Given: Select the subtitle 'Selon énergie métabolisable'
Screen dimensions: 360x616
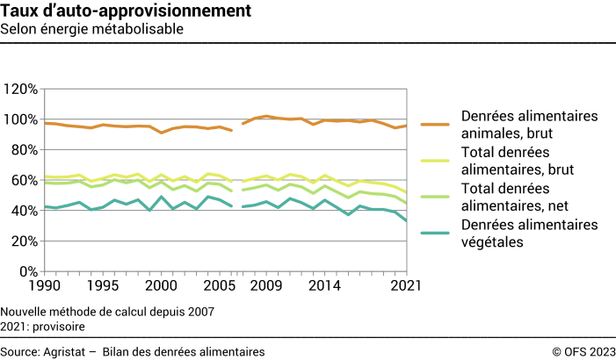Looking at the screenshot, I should (x=91, y=29).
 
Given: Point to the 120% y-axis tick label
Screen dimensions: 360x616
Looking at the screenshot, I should (x=20, y=90).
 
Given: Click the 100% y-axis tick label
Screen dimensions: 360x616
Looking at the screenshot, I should (x=20, y=119).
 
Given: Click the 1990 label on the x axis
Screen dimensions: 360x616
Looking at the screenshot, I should (x=46, y=286).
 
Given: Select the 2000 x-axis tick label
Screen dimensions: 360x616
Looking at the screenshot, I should (x=160, y=286).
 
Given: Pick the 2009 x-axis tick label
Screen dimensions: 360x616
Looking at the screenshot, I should (x=266, y=286).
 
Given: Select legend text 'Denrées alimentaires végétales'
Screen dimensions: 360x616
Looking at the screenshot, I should (x=529, y=234).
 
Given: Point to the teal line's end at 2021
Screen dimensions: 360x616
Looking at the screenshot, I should (x=406, y=220).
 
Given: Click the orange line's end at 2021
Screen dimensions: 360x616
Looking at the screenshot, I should (x=406, y=126).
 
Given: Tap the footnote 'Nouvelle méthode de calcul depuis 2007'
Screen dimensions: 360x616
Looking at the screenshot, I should (x=108, y=311).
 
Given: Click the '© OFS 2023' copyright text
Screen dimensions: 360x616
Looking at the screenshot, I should (x=583, y=351).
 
